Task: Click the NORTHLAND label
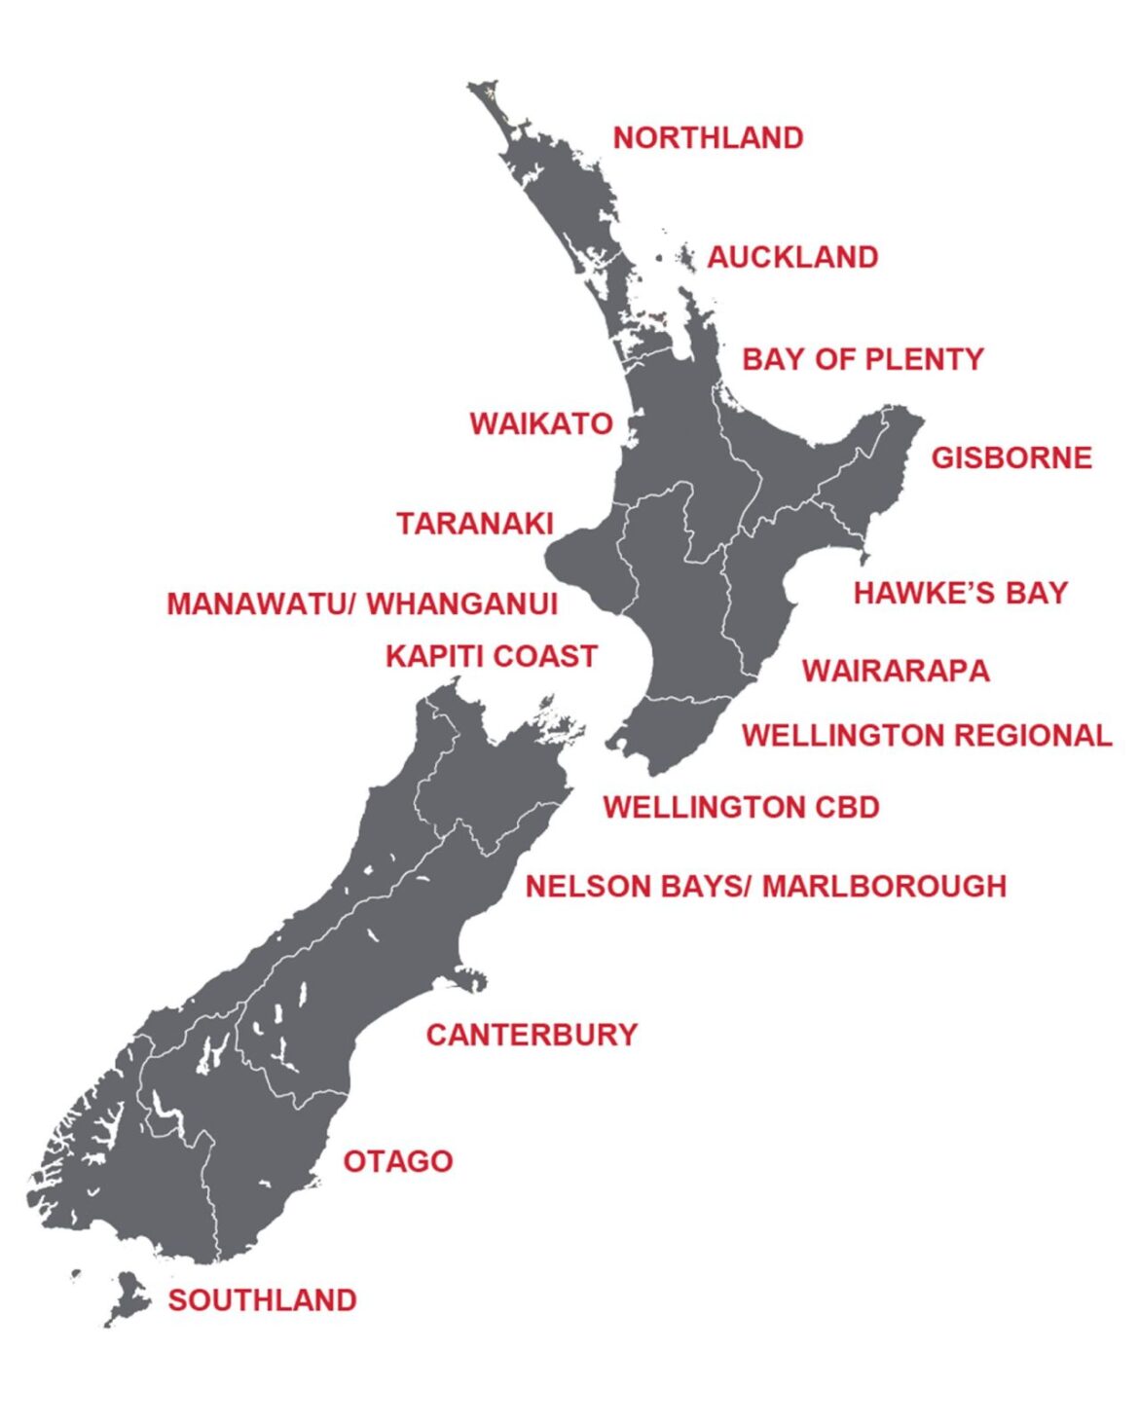click(708, 138)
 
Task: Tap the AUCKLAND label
click(792, 258)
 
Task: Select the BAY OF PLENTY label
click(863, 359)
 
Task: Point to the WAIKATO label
click(541, 424)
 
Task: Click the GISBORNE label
click(1011, 457)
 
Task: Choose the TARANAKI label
click(475, 524)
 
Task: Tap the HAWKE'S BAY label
click(961, 593)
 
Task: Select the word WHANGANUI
click(462, 603)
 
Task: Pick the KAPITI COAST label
click(491, 657)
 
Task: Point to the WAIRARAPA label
click(896, 671)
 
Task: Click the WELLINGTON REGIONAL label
click(926, 735)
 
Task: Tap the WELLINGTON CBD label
click(741, 807)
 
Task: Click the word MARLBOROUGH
click(884, 887)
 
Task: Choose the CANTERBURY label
click(532, 1035)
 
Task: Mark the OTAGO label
click(398, 1161)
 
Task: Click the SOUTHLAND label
click(262, 1300)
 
